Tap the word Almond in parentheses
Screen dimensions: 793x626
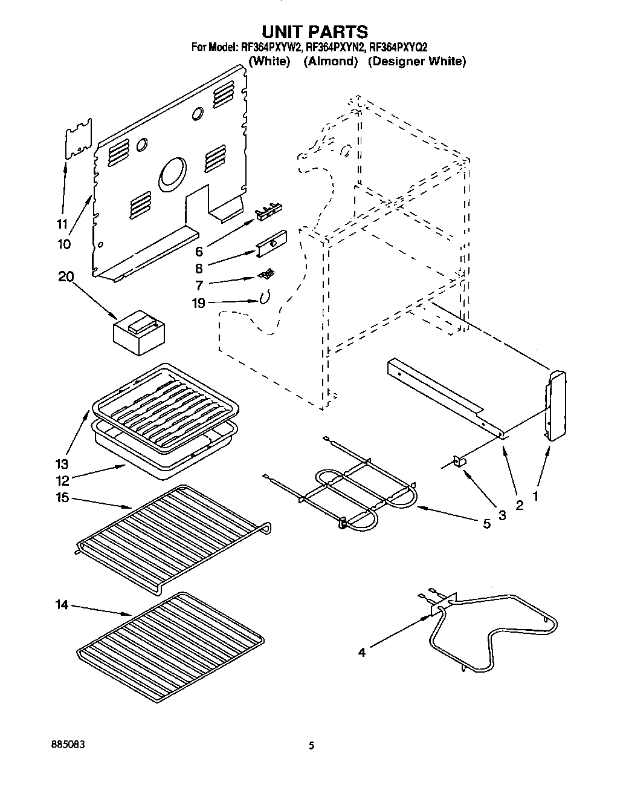(331, 61)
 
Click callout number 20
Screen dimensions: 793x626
(66, 276)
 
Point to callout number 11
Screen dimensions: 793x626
(60, 224)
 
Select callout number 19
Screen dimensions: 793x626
(199, 303)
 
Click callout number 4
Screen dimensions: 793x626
(361, 652)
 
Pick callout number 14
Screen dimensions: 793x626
(63, 605)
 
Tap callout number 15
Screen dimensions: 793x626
(63, 497)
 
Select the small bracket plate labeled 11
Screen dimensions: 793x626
(79, 139)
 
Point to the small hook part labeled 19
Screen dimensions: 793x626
(264, 297)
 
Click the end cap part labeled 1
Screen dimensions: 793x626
(556, 405)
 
